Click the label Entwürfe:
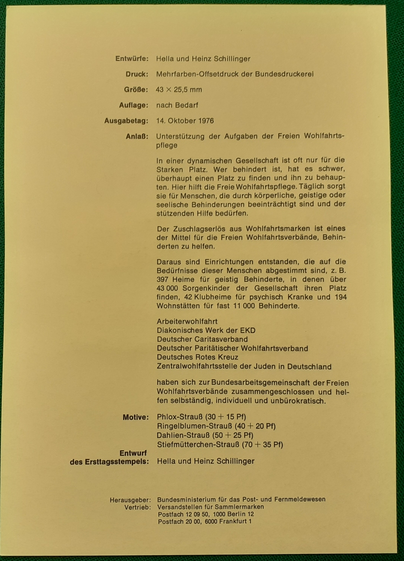[x=132, y=59]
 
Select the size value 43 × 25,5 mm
[x=179, y=90]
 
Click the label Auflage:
[x=132, y=106]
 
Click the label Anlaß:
[x=137, y=137]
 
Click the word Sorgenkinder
[x=204, y=288]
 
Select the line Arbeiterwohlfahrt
[x=187, y=322]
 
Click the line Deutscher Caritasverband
[x=202, y=340]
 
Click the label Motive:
[x=135, y=418]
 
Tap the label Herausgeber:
[x=130, y=499]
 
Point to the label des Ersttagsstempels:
[x=109, y=461]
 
